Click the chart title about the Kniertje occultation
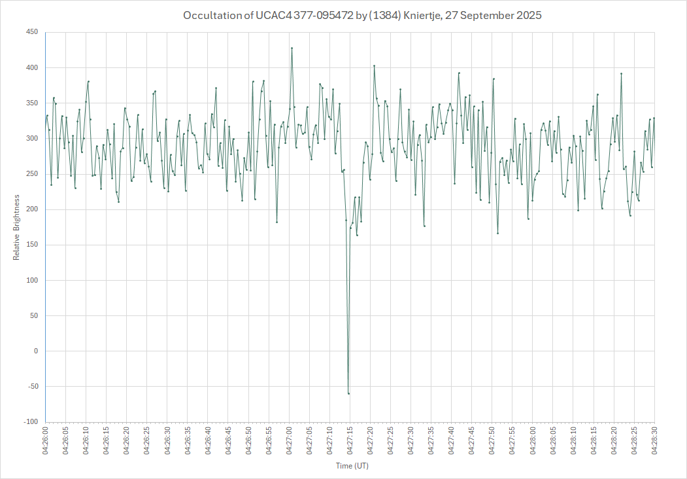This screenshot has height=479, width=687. [362, 15]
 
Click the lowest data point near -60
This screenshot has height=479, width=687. [348, 393]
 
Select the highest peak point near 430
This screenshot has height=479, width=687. [292, 48]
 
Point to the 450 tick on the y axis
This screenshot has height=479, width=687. [31, 32]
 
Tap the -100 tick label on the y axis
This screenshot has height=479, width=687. [30, 422]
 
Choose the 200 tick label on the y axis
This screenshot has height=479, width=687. [31, 209]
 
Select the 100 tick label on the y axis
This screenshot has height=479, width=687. [31, 280]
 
